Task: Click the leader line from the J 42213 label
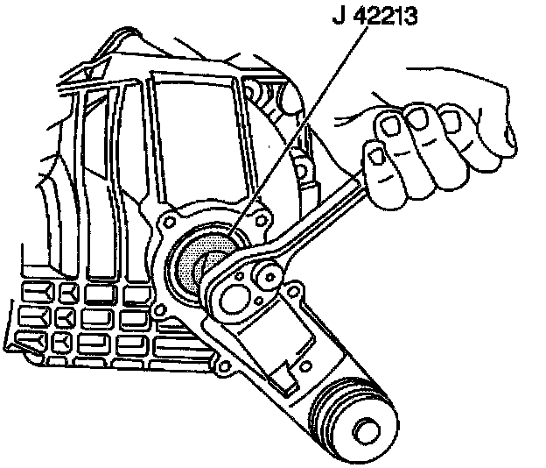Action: [x=289, y=131]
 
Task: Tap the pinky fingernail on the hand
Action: [x=377, y=154]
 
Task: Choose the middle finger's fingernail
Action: [x=416, y=117]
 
